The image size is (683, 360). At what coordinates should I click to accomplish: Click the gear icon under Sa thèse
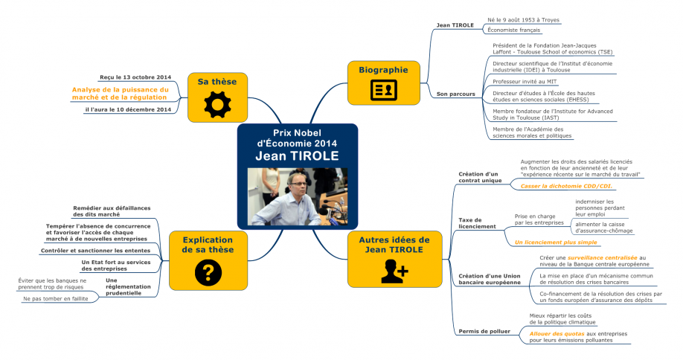tap(217, 104)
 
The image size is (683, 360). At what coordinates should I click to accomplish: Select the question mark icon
tap(202, 271)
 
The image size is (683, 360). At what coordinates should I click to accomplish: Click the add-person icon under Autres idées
tap(394, 271)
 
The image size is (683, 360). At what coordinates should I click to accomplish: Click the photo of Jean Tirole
tap(297, 196)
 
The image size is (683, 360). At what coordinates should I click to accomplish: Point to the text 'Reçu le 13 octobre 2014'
tap(135, 77)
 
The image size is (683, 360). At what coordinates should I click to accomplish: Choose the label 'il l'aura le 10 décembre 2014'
tap(129, 109)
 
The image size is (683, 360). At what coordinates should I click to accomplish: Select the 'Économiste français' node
tap(513, 30)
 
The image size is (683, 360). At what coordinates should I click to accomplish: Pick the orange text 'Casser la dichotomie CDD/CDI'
tap(566, 186)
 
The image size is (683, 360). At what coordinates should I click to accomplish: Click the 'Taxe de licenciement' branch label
tap(472, 222)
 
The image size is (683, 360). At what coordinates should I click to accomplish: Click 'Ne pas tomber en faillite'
tap(54, 298)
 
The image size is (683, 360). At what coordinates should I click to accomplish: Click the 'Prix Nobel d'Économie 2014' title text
tap(297, 138)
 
